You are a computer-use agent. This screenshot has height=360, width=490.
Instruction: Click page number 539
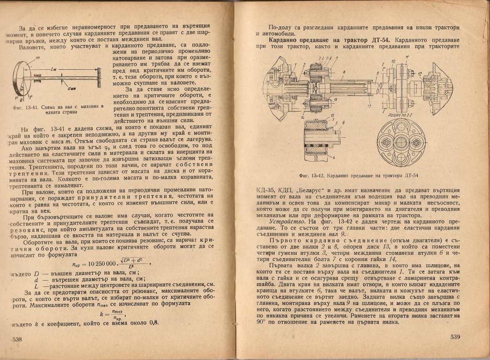coord(456,338)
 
